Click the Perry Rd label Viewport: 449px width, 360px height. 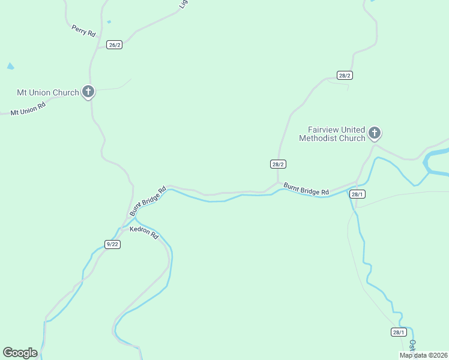pyautogui.click(x=83, y=31)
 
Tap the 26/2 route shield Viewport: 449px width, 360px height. pyautogui.click(x=114, y=45)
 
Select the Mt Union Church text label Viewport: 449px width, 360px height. pyautogui.click(x=48, y=92)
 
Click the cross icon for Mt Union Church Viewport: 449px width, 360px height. pyautogui.click(x=88, y=92)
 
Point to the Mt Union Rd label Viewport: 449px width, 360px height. pyautogui.click(x=28, y=109)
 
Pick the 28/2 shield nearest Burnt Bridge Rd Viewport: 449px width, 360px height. pyautogui.click(x=278, y=164)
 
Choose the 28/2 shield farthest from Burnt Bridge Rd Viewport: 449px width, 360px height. pyautogui.click(x=345, y=75)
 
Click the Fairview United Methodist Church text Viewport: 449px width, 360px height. pyautogui.click(x=336, y=134)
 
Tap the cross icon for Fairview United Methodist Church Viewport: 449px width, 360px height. pyautogui.click(x=375, y=133)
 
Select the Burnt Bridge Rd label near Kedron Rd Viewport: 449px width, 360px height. pyautogui.click(x=148, y=202)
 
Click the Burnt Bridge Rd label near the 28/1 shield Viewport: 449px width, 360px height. pyautogui.click(x=306, y=188)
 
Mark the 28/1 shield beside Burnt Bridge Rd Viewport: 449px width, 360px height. pyautogui.click(x=357, y=194)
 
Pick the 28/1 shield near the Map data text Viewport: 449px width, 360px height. pyautogui.click(x=399, y=332)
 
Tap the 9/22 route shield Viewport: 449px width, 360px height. pyautogui.click(x=112, y=244)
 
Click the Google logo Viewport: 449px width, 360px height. pyautogui.click(x=20, y=353)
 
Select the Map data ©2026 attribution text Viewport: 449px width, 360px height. pyautogui.click(x=423, y=355)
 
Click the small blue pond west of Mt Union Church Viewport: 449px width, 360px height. pyautogui.click(x=10, y=66)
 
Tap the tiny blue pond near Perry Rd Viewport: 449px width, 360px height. pyautogui.click(x=109, y=22)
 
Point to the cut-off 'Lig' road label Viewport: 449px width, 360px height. pyautogui.click(x=184, y=5)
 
